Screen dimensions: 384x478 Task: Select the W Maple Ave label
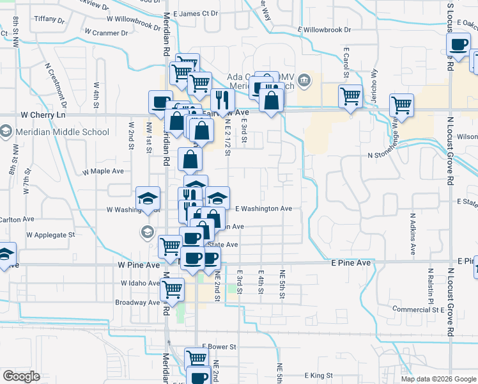click(103, 172)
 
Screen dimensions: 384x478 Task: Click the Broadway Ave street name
click(137, 302)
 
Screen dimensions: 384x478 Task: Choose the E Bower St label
click(219, 346)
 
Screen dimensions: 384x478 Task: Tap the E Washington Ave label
click(263, 209)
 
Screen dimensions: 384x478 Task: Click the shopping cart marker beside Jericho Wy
click(350, 96)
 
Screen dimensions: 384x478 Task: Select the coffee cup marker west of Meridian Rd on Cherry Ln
click(160, 101)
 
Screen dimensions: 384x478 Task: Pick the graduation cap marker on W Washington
click(148, 197)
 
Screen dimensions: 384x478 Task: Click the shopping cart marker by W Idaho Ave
click(172, 289)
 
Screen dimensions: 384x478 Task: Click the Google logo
click(21, 376)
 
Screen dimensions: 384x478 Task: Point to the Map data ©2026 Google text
click(438, 378)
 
